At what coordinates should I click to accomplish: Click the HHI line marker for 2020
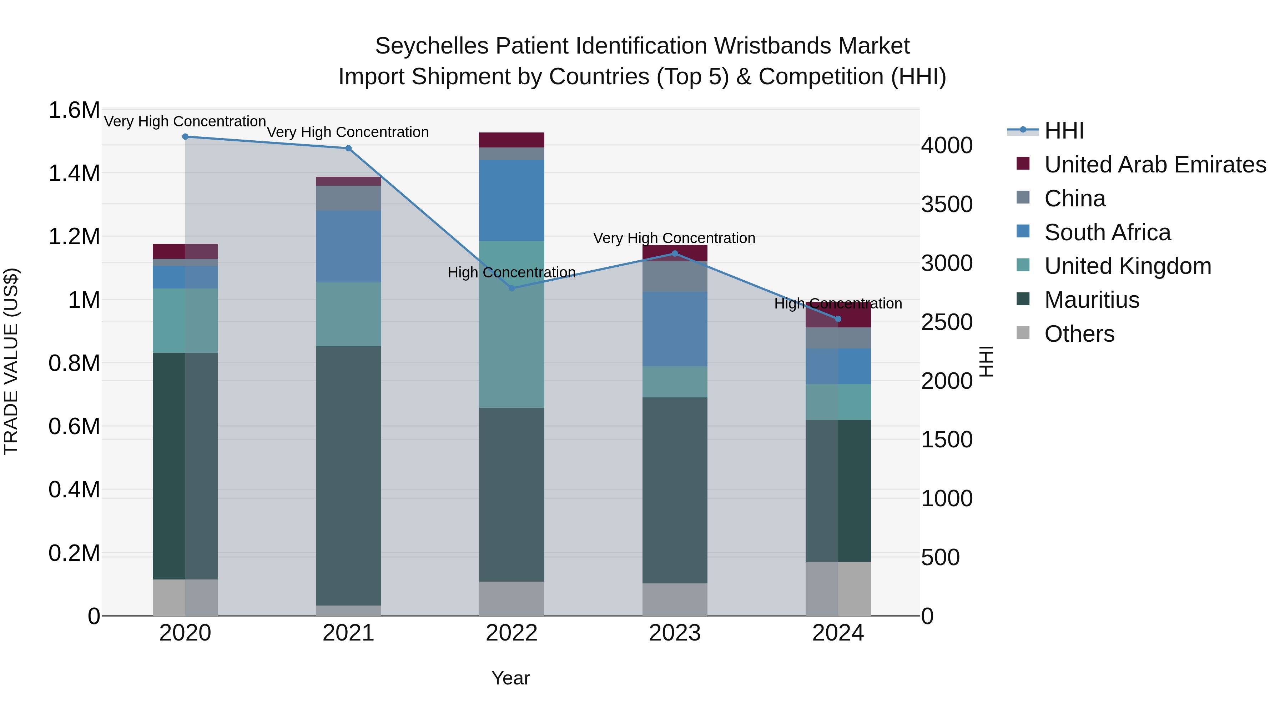point(185,137)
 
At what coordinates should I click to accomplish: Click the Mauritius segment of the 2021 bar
point(348,474)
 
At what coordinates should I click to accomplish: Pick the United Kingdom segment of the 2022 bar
point(511,324)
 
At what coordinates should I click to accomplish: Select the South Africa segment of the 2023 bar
point(674,329)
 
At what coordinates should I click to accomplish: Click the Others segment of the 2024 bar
point(838,589)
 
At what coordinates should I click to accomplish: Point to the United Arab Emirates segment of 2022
point(511,140)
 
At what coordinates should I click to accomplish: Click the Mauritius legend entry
point(1092,300)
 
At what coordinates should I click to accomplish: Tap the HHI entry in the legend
point(1064,131)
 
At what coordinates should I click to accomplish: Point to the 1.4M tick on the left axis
point(74,174)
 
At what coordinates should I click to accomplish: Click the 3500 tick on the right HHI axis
point(946,205)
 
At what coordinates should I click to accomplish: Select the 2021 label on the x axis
point(348,633)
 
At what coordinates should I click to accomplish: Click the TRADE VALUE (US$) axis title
point(11,361)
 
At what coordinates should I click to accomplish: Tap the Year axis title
point(510,678)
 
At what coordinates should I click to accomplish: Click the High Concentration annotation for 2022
point(511,272)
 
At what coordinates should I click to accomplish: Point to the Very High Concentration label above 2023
point(674,238)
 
